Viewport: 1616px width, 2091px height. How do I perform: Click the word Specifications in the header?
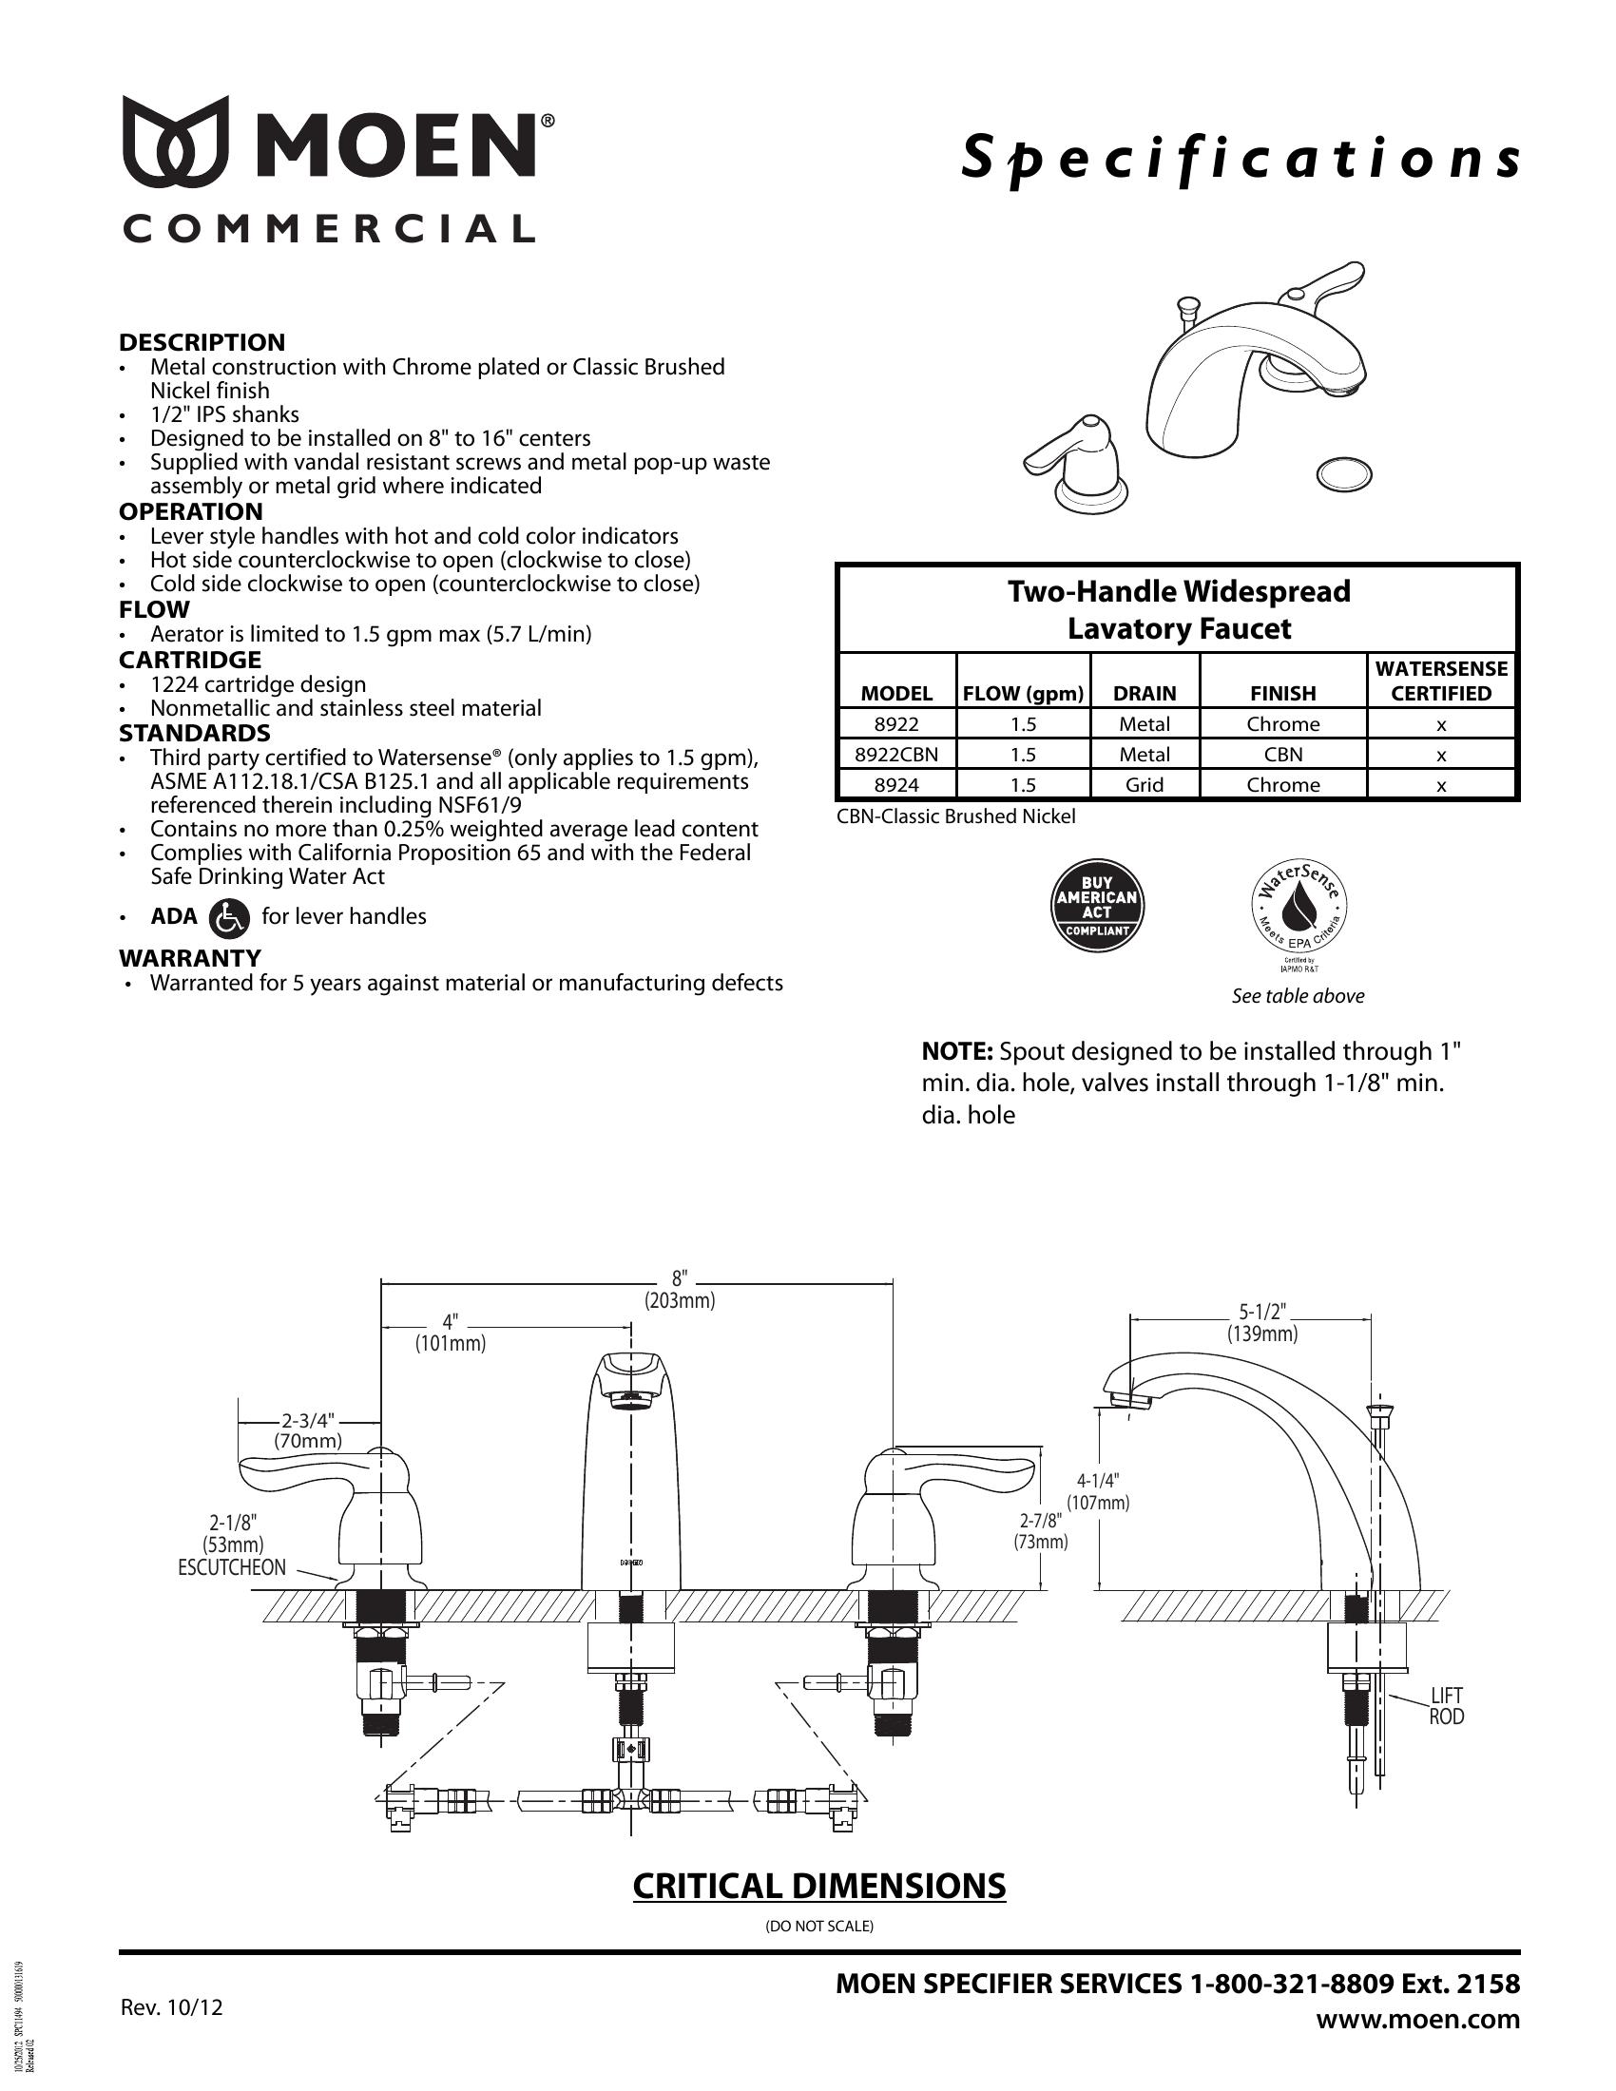coord(1240,158)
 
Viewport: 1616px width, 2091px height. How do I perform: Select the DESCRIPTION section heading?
coord(202,342)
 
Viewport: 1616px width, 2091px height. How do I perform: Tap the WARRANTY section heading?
coord(189,957)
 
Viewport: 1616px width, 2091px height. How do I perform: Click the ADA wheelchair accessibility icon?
coord(230,916)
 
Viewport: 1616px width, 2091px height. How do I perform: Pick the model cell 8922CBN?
coord(896,754)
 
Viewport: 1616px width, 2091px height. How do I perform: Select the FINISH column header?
coord(1283,692)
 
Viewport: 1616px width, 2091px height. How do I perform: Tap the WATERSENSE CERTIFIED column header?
coord(1441,680)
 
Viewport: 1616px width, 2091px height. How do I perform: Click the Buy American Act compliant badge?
coord(1096,905)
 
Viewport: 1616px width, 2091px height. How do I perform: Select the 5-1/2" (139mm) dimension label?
coord(1262,1322)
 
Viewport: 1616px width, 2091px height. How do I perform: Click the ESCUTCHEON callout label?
coord(232,1567)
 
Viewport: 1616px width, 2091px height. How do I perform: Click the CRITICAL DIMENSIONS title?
coord(818,1885)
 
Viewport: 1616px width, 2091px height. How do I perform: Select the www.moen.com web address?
coord(1418,2019)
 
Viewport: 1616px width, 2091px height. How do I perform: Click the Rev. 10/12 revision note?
coord(171,2005)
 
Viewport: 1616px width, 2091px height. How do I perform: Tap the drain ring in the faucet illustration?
coord(1344,473)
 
